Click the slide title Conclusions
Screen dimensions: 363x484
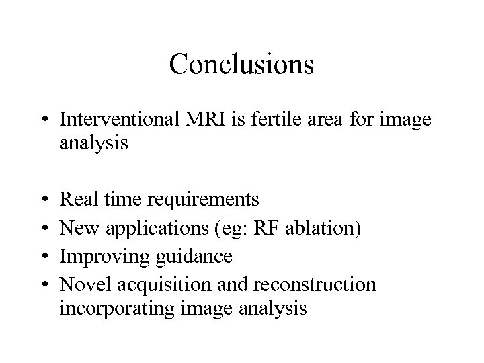click(x=241, y=65)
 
